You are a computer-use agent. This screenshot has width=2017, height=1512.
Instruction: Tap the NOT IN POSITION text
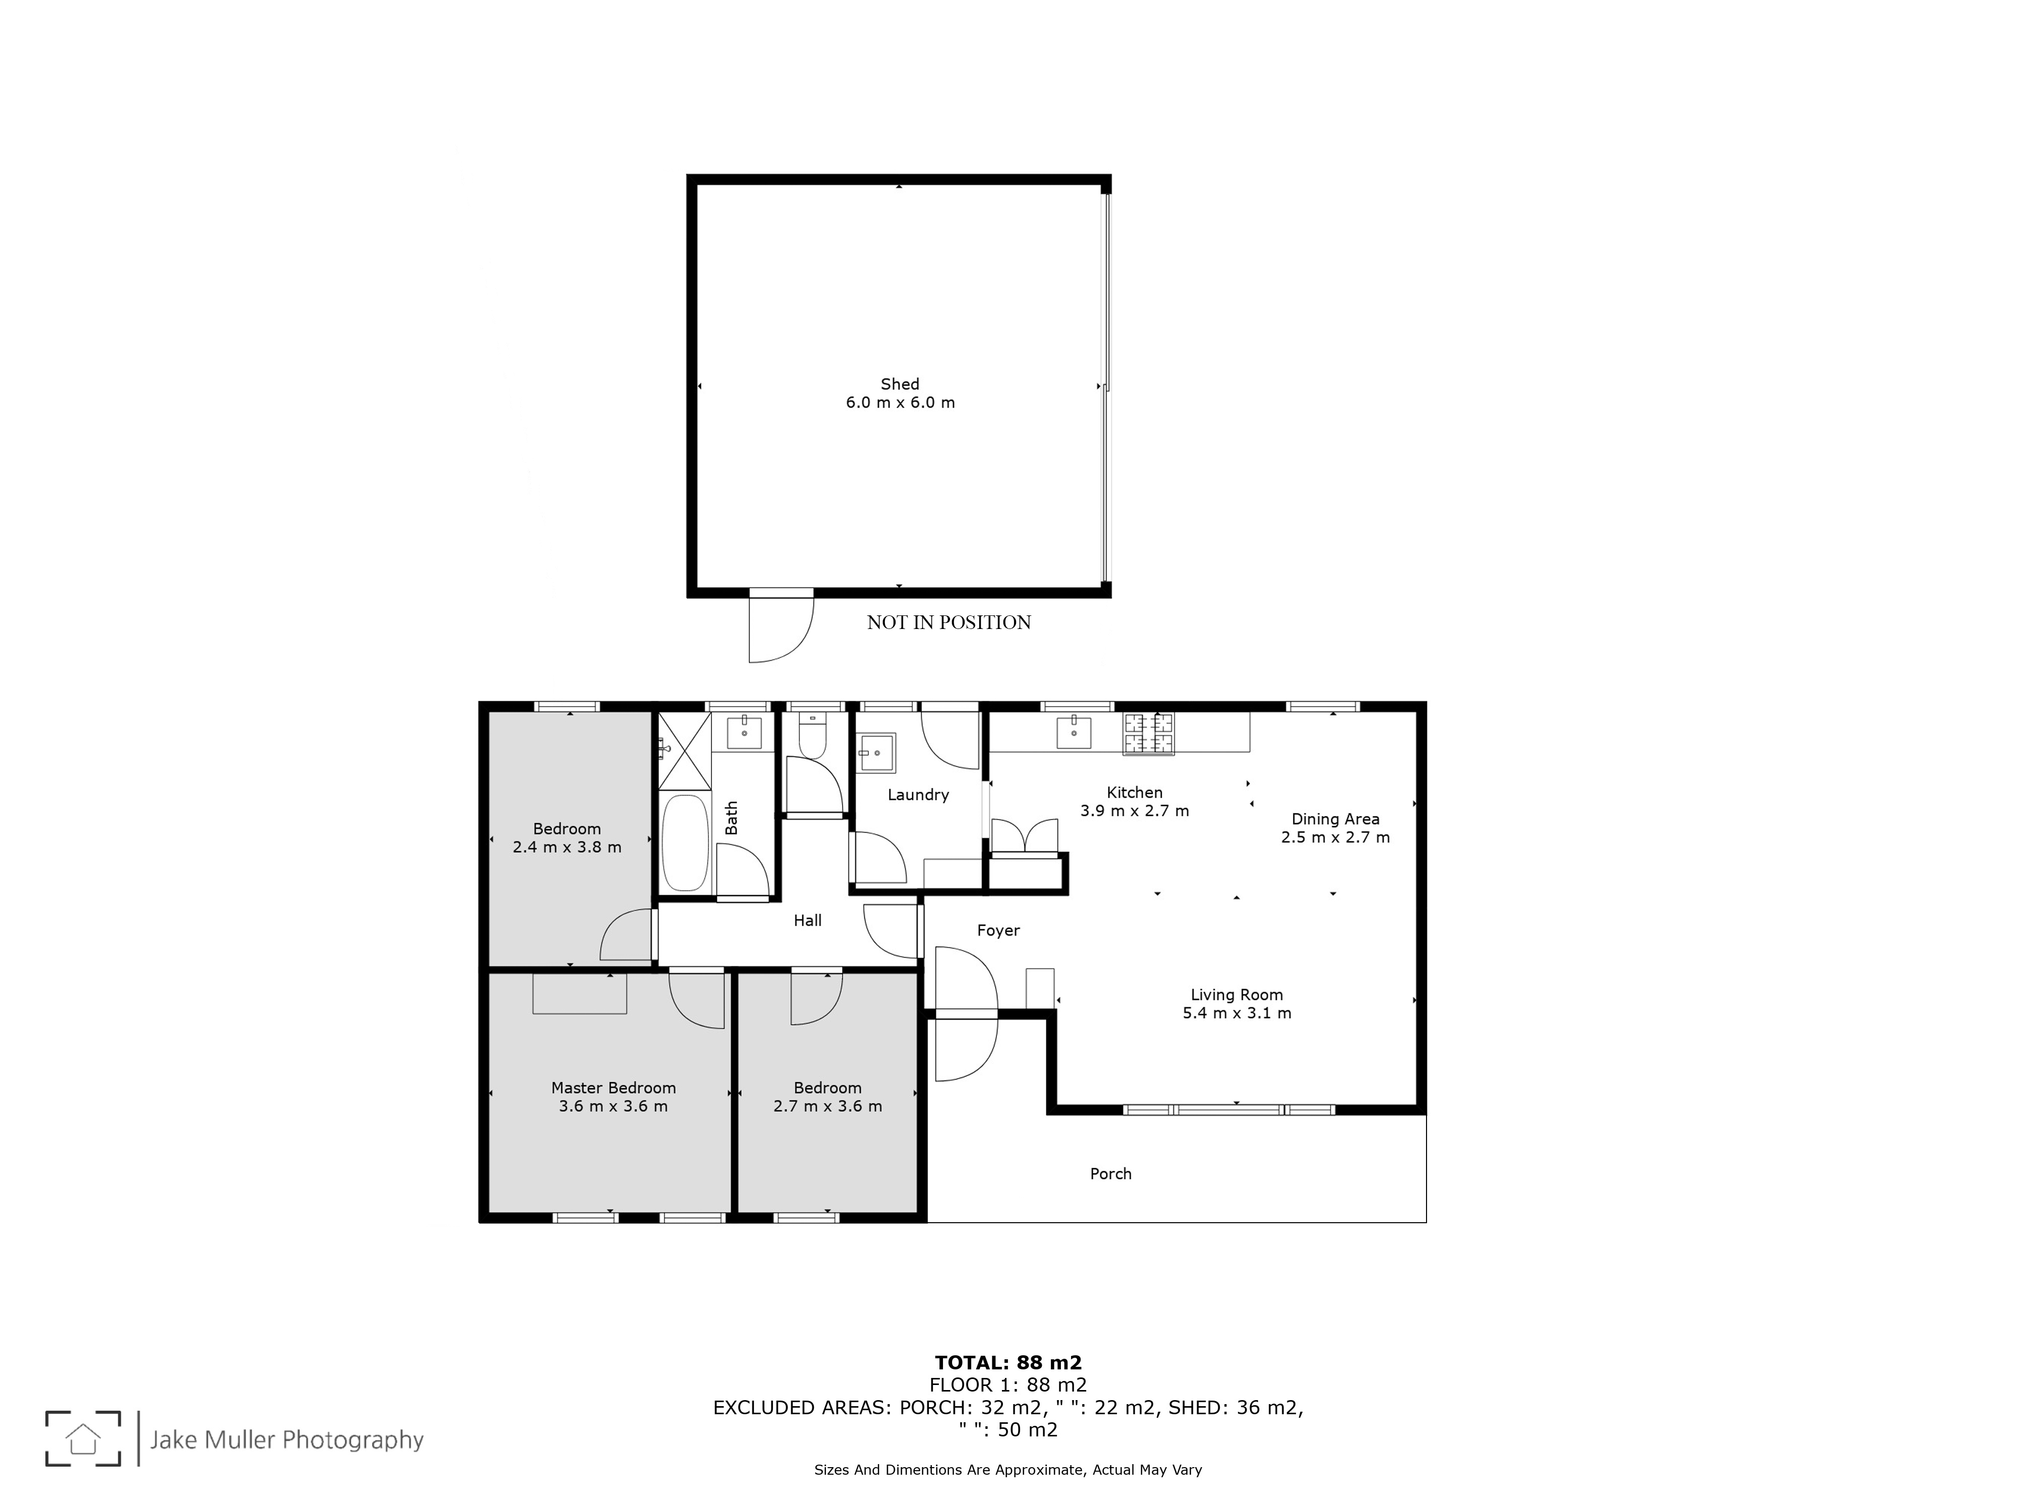click(x=948, y=622)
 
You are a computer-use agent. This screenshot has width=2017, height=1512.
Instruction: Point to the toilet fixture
click(x=811, y=735)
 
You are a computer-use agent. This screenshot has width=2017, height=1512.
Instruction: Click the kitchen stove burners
click(x=1148, y=734)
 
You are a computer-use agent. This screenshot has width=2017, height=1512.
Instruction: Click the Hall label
click(x=807, y=920)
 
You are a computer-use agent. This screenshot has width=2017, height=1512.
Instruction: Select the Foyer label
click(x=997, y=930)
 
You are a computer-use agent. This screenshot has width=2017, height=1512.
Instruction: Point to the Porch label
click(x=1111, y=1174)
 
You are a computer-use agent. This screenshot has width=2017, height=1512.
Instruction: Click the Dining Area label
click(x=1335, y=820)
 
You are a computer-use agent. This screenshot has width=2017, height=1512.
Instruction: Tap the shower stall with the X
click(x=684, y=751)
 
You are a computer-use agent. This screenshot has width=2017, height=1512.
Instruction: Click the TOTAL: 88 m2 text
click(x=1007, y=1362)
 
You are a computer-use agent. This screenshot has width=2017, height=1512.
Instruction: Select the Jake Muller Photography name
click(x=286, y=1440)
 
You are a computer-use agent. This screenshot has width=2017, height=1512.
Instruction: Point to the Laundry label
click(x=918, y=795)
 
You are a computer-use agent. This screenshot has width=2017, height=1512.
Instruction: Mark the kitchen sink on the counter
click(x=1074, y=732)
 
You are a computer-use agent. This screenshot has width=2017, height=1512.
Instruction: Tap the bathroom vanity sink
click(x=744, y=732)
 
